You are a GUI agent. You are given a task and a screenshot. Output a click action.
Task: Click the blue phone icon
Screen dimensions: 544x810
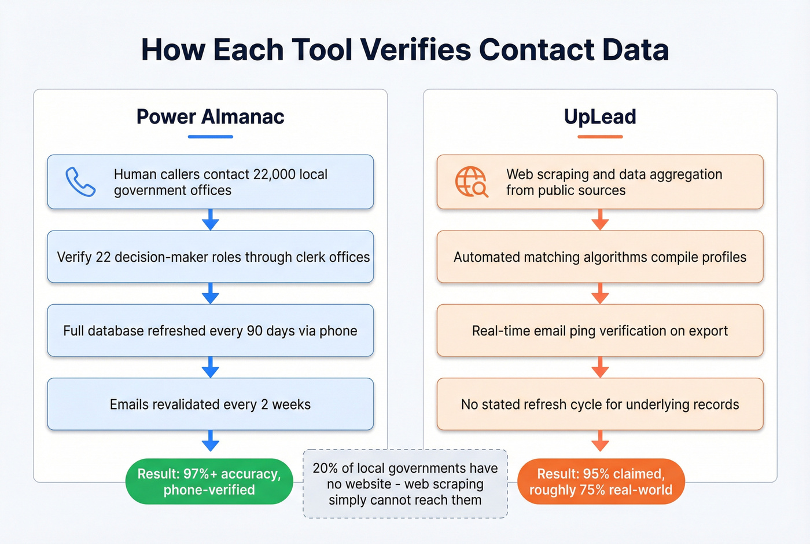pos(80,182)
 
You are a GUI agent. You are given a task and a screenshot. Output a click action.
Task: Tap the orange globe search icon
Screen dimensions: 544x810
pos(472,182)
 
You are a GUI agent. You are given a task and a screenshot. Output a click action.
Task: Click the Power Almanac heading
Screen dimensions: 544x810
pos(210,117)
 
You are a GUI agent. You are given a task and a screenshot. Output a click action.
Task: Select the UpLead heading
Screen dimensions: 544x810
pos(600,117)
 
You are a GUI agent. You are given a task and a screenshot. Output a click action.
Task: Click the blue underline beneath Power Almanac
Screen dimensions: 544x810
pos(210,137)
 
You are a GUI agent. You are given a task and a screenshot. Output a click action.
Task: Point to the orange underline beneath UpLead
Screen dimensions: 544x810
pos(600,137)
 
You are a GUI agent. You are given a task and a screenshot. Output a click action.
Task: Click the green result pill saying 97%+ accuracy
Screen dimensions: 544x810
pos(209,481)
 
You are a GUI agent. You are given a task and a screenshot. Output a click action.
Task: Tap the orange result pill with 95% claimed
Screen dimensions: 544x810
pos(601,481)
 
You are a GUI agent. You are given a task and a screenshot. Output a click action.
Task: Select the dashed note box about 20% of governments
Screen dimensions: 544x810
pos(405,484)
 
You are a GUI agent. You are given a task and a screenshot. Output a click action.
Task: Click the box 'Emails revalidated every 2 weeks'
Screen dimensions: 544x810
pos(210,404)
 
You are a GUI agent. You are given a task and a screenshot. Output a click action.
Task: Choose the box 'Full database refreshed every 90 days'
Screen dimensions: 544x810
pos(210,331)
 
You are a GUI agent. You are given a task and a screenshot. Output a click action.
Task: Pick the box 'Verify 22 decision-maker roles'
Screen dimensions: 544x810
pos(210,257)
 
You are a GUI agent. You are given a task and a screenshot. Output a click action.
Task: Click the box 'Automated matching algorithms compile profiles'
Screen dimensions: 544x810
pos(600,257)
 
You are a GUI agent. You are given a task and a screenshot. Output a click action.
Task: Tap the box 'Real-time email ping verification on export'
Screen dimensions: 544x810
pos(600,331)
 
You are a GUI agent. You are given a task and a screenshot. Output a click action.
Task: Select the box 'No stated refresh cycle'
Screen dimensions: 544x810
pos(600,404)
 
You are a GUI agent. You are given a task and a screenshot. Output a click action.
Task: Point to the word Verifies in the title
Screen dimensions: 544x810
pos(416,50)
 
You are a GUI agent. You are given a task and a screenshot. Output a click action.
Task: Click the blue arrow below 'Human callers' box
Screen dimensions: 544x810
pos(210,220)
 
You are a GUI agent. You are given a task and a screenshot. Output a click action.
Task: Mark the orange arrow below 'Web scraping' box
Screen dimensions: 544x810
pos(600,220)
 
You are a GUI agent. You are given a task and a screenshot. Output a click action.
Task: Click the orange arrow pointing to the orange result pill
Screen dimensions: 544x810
pos(600,441)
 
